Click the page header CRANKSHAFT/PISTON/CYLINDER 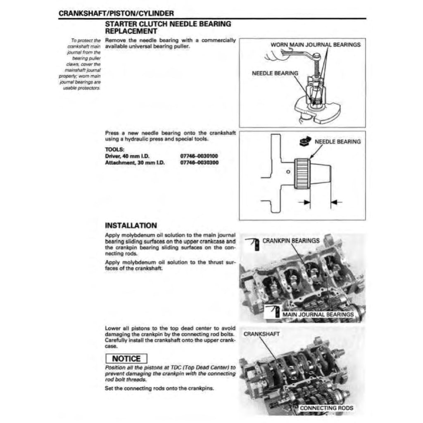pyautogui.click(x=116, y=13)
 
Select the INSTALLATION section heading pyautogui.click(x=131, y=226)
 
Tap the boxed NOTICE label pyautogui.click(x=126, y=359)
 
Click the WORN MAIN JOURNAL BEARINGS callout pyautogui.click(x=315, y=45)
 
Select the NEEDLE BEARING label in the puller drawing pyautogui.click(x=275, y=73)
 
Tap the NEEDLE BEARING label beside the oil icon pyautogui.click(x=337, y=142)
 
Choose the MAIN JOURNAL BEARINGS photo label pyautogui.click(x=318, y=315)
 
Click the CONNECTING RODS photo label pyautogui.click(x=326, y=408)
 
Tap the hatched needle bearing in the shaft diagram pyautogui.click(x=302, y=173)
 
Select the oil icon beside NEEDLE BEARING pyautogui.click(x=303, y=142)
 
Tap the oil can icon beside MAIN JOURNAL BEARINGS pyautogui.click(x=274, y=312)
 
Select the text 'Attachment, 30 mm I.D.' pyautogui.click(x=135, y=163)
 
